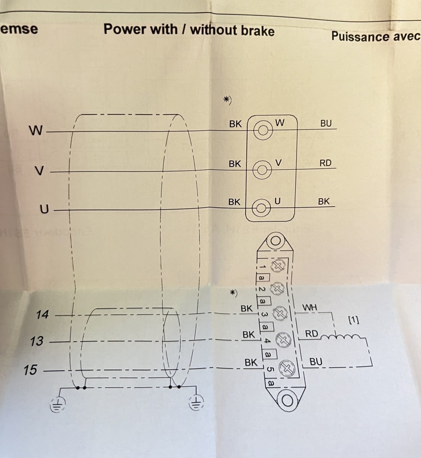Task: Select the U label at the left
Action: coord(45,210)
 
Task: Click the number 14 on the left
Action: coord(42,315)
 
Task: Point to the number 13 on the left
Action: coord(37,341)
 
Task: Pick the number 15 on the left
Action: coord(30,370)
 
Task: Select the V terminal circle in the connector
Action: coord(261,169)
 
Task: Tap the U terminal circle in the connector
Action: coord(261,208)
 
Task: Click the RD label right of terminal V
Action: coord(325,163)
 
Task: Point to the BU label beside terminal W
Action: coord(326,123)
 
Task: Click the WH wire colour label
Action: coord(309,307)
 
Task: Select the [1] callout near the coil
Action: coord(354,320)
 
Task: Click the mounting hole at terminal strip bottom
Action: coord(287,400)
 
